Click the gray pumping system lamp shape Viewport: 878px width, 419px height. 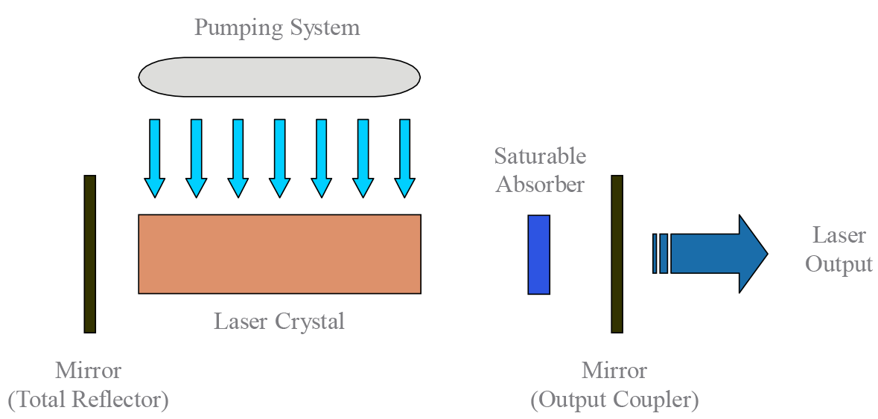279,77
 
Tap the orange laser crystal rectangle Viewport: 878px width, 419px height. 279,254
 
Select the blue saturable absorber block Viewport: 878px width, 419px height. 538,255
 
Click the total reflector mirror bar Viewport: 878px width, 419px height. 89,254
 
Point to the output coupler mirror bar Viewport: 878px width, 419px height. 617,254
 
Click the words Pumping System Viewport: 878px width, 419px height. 277,28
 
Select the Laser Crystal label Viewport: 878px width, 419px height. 279,322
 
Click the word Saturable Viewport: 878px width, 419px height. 540,156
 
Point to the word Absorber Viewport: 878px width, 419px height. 540,183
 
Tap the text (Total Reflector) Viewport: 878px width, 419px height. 89,400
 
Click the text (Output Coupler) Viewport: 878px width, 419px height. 614,400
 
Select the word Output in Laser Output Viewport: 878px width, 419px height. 839,264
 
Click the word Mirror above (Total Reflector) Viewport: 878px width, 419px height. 88,370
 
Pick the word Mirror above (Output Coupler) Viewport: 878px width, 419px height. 614,370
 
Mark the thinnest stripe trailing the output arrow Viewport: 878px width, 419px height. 655,254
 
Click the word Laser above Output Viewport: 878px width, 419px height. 839,236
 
